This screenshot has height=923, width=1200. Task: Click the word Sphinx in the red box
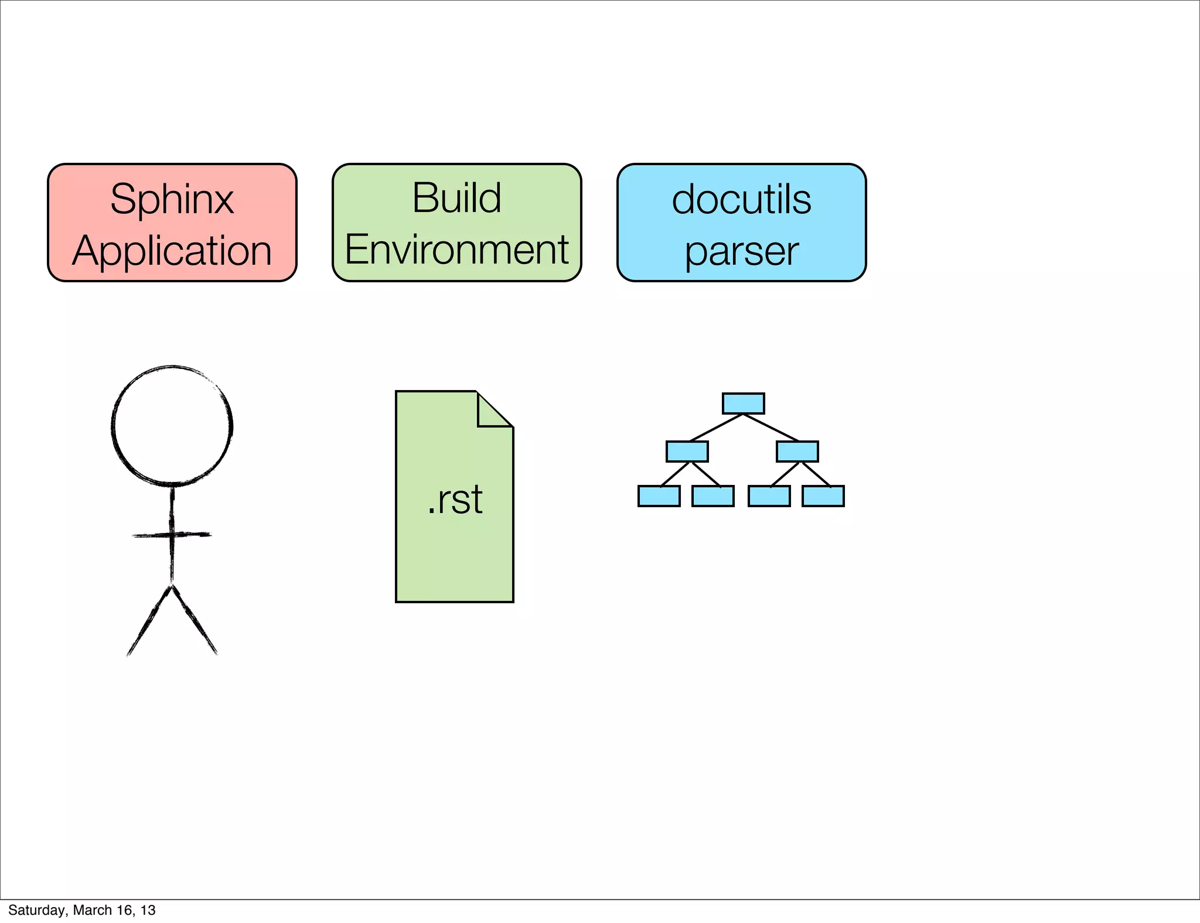(x=172, y=200)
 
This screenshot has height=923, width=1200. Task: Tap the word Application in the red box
(x=172, y=251)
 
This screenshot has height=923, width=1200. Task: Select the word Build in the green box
(x=456, y=198)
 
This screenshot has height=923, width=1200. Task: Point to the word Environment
(x=456, y=249)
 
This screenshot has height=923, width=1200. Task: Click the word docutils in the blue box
(x=741, y=200)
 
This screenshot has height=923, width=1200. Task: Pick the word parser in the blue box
(x=741, y=251)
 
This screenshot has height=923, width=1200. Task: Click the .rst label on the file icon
(x=455, y=500)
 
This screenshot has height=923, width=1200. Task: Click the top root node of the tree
(x=743, y=404)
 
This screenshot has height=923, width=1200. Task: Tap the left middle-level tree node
(x=687, y=452)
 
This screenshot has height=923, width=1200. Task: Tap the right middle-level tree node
(x=797, y=452)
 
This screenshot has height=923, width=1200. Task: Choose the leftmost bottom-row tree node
(x=659, y=496)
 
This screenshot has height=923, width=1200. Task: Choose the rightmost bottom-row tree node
(x=823, y=496)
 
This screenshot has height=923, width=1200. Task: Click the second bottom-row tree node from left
(x=712, y=496)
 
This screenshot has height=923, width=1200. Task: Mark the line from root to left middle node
(x=716, y=428)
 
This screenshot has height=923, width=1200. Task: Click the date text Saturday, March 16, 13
(x=82, y=910)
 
